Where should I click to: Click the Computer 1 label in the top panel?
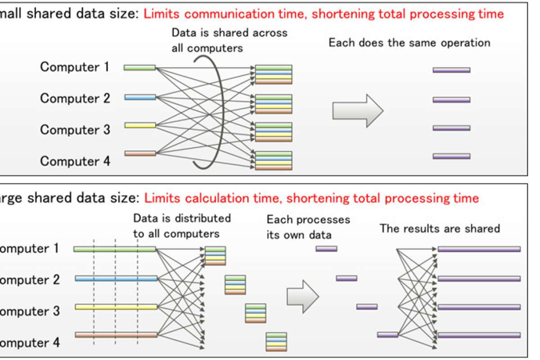(75, 67)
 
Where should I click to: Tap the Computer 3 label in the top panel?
(75, 130)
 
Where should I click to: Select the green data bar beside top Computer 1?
(139, 68)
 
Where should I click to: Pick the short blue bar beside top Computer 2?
(140, 97)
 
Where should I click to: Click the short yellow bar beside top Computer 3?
(140, 125)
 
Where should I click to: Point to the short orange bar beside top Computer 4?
(140, 153)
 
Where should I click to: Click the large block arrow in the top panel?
(357, 110)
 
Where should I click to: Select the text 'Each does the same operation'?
(409, 44)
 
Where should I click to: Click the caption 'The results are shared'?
(440, 228)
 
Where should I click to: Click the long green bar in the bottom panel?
(114, 249)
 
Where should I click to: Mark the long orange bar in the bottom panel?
(116, 335)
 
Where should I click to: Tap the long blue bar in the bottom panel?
(116, 279)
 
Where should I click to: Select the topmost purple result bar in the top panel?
(451, 70)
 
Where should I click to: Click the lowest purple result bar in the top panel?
(451, 156)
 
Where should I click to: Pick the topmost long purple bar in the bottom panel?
(479, 249)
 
